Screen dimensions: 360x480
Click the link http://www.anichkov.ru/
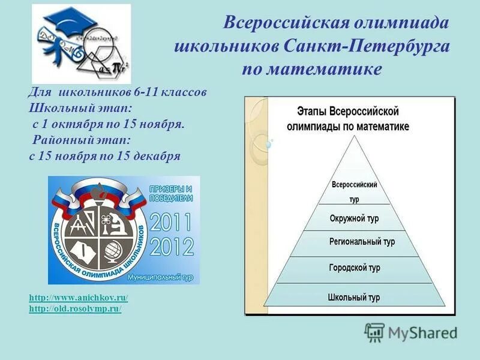tap(79, 298)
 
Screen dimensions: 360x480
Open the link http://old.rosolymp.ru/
tap(75, 308)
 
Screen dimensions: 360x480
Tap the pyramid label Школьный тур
tap(354, 297)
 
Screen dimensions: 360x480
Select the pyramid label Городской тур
tap(354, 267)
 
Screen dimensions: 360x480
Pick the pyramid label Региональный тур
tap(362, 242)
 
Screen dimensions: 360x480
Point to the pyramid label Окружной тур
tap(354, 219)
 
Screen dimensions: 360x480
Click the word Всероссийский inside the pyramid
tap(355, 185)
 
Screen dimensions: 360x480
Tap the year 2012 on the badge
tap(172, 247)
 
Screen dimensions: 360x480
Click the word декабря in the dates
tap(157, 155)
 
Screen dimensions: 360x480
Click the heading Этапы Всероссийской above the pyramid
tap(349, 112)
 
